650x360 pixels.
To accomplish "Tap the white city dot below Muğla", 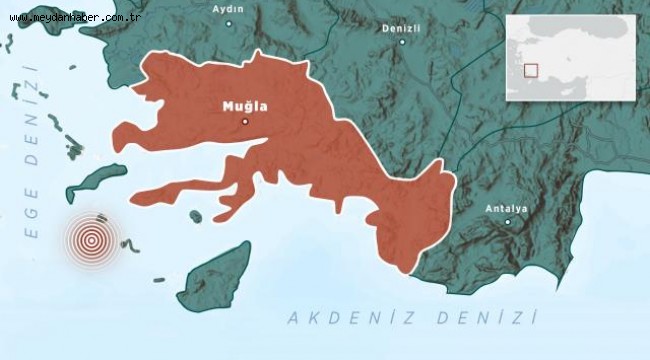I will pyautogui.click(x=245, y=121).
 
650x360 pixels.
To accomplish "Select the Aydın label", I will pyautogui.click(x=229, y=8).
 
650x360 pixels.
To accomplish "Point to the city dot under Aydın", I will pyautogui.click(x=229, y=21).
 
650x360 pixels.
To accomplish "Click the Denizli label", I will pyautogui.click(x=400, y=29).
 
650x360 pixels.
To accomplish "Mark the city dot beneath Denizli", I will pyautogui.click(x=400, y=43).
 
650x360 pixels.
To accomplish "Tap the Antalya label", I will pyautogui.click(x=506, y=208).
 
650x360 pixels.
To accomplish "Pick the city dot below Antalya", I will pyautogui.click(x=507, y=222).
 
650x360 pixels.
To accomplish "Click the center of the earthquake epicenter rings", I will pyautogui.click(x=91, y=240).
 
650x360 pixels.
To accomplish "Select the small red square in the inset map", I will pyautogui.click(x=531, y=71).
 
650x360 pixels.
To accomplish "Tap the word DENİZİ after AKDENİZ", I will pyautogui.click(x=492, y=318).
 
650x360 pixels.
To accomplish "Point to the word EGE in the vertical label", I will pyautogui.click(x=32, y=216).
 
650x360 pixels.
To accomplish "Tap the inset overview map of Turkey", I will pyautogui.click(x=570, y=58).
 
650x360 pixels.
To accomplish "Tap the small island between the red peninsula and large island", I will pyautogui.click(x=196, y=216).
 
